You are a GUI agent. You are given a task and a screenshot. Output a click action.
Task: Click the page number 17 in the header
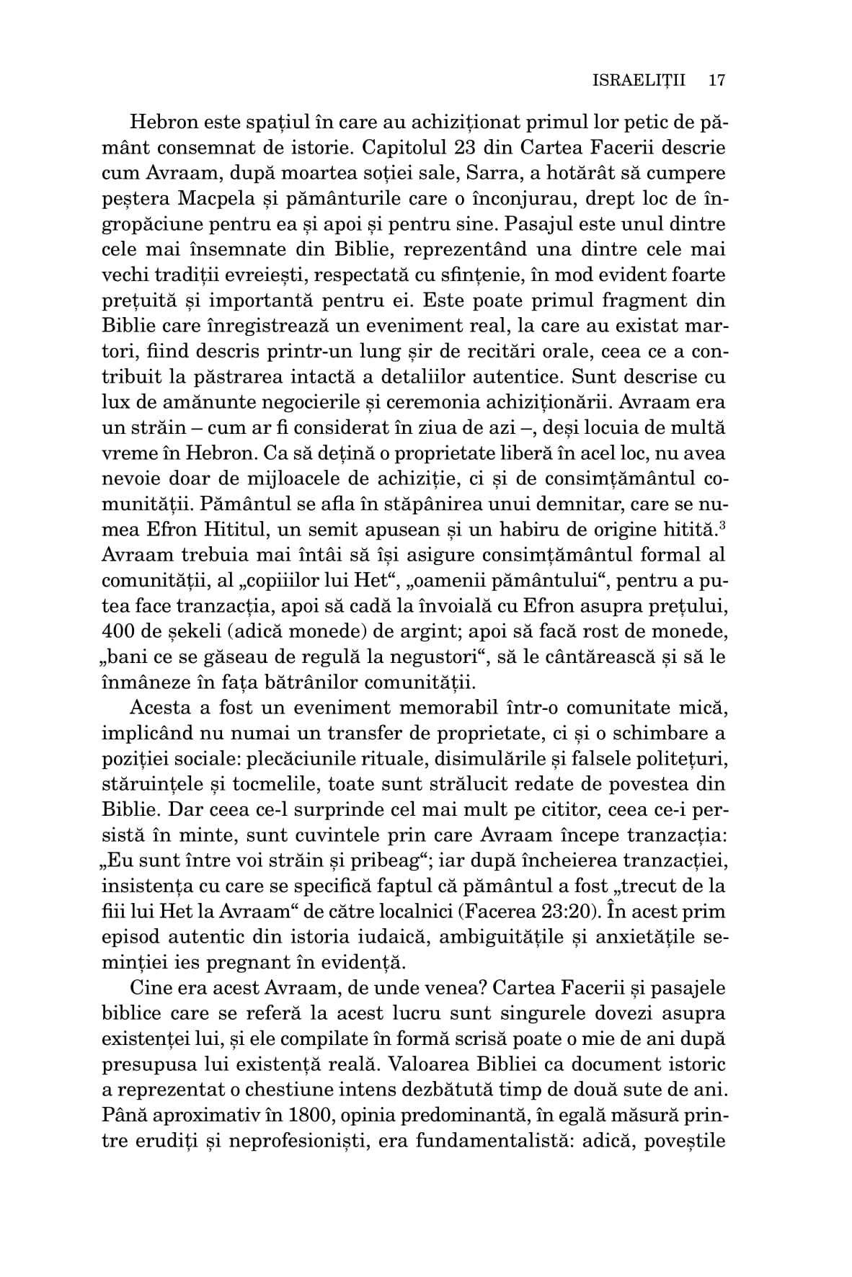pos(716,79)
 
